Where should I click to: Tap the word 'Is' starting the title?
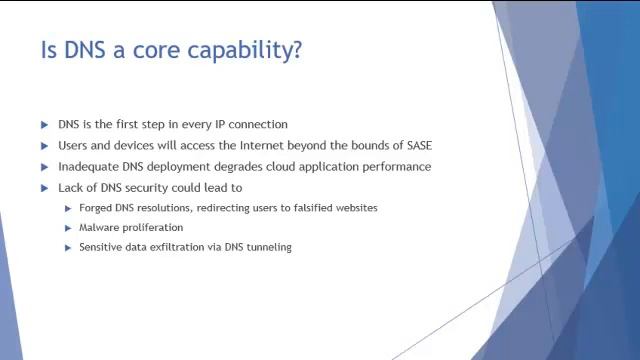[x=48, y=50]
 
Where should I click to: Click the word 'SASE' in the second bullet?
[x=417, y=145]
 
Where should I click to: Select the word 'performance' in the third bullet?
[x=398, y=166]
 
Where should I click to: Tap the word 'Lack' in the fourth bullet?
[x=71, y=187]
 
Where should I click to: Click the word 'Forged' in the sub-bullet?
[x=96, y=208]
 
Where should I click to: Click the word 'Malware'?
[x=100, y=228]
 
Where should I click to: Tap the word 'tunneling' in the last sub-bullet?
[x=267, y=247]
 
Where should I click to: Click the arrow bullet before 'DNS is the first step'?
[x=45, y=125]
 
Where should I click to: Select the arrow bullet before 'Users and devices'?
[x=45, y=146]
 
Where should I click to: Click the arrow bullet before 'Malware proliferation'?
[x=68, y=228]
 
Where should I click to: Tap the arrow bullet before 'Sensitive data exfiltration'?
[x=68, y=247]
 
